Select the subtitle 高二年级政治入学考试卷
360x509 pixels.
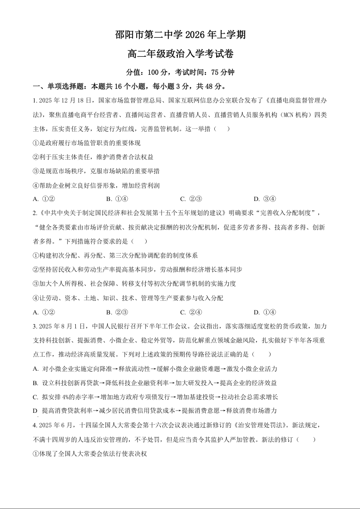(180, 54)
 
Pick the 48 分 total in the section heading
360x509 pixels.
(211, 86)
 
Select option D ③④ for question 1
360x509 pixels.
(265, 199)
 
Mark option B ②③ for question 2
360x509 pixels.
(117, 312)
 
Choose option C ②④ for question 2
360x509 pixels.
(191, 312)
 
